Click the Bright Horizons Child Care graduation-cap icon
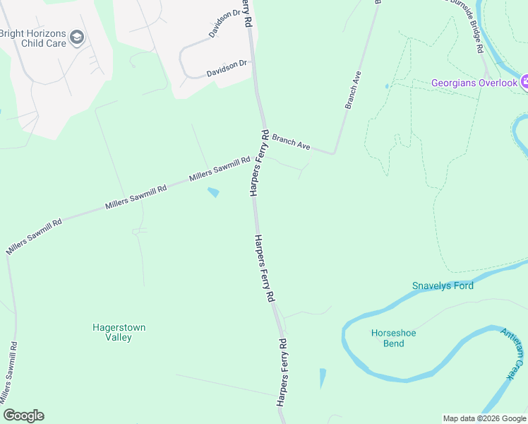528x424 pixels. pos(77,37)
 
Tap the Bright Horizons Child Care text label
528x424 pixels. pos(33,38)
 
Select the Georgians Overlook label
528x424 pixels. pos(475,83)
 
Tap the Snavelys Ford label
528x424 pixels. pos(443,285)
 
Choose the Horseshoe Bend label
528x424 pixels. pos(388,338)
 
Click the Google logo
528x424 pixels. pos(23,416)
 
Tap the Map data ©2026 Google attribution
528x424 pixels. pos(484,418)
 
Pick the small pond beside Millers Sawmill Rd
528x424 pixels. pos(213,192)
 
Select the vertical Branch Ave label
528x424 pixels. pos(354,89)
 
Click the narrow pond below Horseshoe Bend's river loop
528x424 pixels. pos(323,378)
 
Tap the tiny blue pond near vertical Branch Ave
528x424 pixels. pos(386,86)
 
